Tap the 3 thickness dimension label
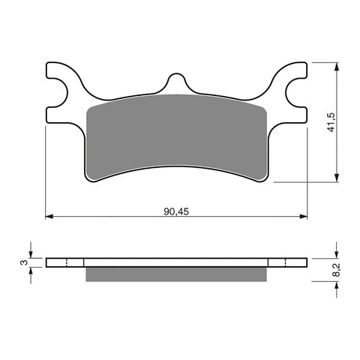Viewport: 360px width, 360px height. click(x=23, y=262)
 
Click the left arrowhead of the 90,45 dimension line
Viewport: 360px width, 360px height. click(x=50, y=217)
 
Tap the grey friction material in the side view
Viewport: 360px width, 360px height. click(x=176, y=275)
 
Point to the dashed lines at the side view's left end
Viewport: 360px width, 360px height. click(x=67, y=262)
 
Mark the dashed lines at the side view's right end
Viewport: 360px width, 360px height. click(x=286, y=262)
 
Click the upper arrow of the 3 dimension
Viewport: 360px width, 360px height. click(x=31, y=253)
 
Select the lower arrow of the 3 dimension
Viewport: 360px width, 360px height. click(x=31, y=272)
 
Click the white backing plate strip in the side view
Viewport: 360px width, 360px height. click(x=176, y=262)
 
